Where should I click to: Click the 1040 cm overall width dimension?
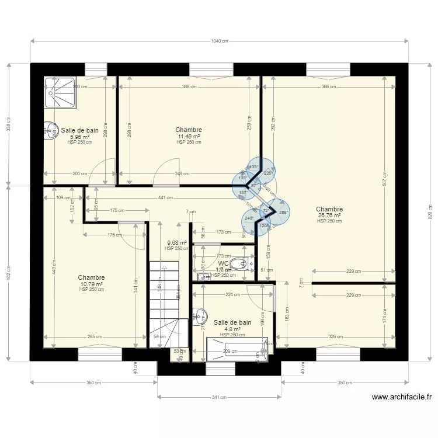coord(220,41)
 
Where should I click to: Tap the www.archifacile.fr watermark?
coord(402,397)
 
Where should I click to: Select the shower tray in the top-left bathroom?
coord(60,92)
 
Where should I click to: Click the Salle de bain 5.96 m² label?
coord(79,134)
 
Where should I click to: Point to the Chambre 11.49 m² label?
coord(189,134)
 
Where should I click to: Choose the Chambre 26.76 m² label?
coord(329,213)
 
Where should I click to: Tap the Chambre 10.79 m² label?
coord(92,281)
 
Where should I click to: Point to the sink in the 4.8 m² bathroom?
coord(199,316)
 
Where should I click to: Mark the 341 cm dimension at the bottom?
coord(220,397)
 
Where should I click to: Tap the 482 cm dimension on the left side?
coord(9,273)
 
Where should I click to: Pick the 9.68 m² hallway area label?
coord(176,243)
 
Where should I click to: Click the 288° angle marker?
coord(283,213)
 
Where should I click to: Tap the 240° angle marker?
coord(249,218)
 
